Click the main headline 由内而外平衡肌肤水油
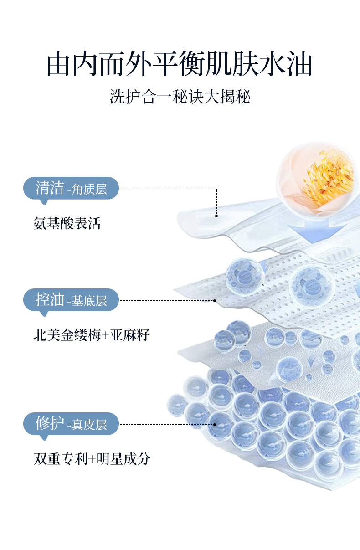(x=180, y=64)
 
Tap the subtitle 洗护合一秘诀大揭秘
(x=180, y=97)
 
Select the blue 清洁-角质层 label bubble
(x=71, y=188)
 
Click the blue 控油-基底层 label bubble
(x=71, y=300)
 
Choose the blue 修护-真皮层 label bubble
(x=71, y=424)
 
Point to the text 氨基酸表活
(x=67, y=223)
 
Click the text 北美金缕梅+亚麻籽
(x=91, y=335)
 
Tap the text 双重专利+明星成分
(x=91, y=459)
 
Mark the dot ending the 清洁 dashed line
(x=216, y=216)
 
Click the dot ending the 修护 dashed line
(x=215, y=424)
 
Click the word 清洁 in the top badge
(x=50, y=188)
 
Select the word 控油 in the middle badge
(x=50, y=300)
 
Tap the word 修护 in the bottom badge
(x=50, y=424)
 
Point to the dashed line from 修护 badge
(x=166, y=424)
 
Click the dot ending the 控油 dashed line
(x=215, y=300)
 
